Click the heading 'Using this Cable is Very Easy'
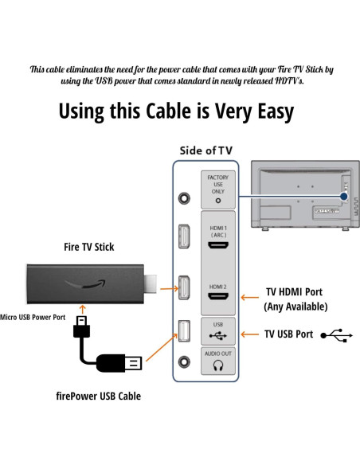[176, 111]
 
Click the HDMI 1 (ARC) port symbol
[217, 245]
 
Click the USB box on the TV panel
[217, 330]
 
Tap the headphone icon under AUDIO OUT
[217, 365]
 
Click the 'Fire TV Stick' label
[88, 247]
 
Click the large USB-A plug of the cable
[131, 364]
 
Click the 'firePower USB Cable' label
[98, 396]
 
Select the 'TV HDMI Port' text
[294, 292]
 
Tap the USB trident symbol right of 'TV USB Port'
[337, 334]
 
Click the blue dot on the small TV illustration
[343, 195]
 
